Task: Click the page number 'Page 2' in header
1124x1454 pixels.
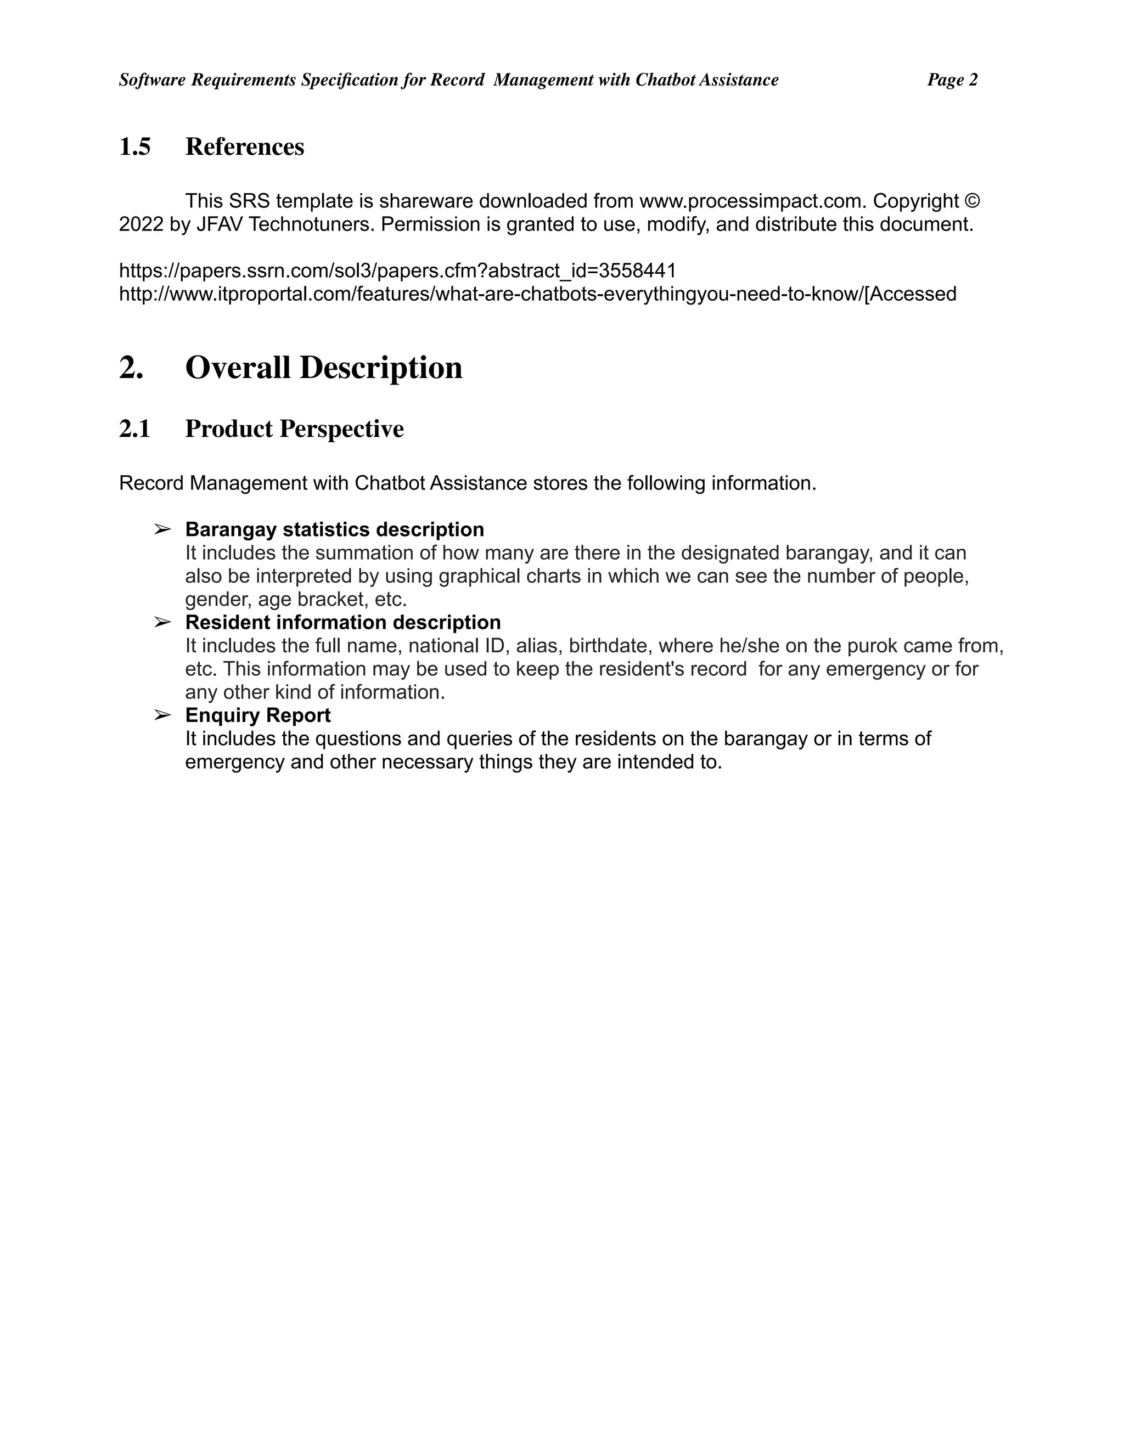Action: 952,80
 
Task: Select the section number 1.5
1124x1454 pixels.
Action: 134,146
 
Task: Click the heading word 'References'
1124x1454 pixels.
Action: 244,146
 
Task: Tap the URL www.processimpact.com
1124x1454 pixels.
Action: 752,200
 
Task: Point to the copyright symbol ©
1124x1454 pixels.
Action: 972,200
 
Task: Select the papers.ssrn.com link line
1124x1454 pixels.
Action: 397,270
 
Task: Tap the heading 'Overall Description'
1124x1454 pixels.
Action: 324,368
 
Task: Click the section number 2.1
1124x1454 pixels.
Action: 134,429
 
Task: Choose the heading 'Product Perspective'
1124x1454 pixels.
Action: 294,429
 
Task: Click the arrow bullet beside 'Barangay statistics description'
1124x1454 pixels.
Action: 162,529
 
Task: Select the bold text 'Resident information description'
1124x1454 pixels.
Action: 342,623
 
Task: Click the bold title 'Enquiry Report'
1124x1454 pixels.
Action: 258,715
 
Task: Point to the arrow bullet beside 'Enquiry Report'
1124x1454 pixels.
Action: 162,715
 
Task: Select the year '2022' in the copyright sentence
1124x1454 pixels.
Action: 140,224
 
